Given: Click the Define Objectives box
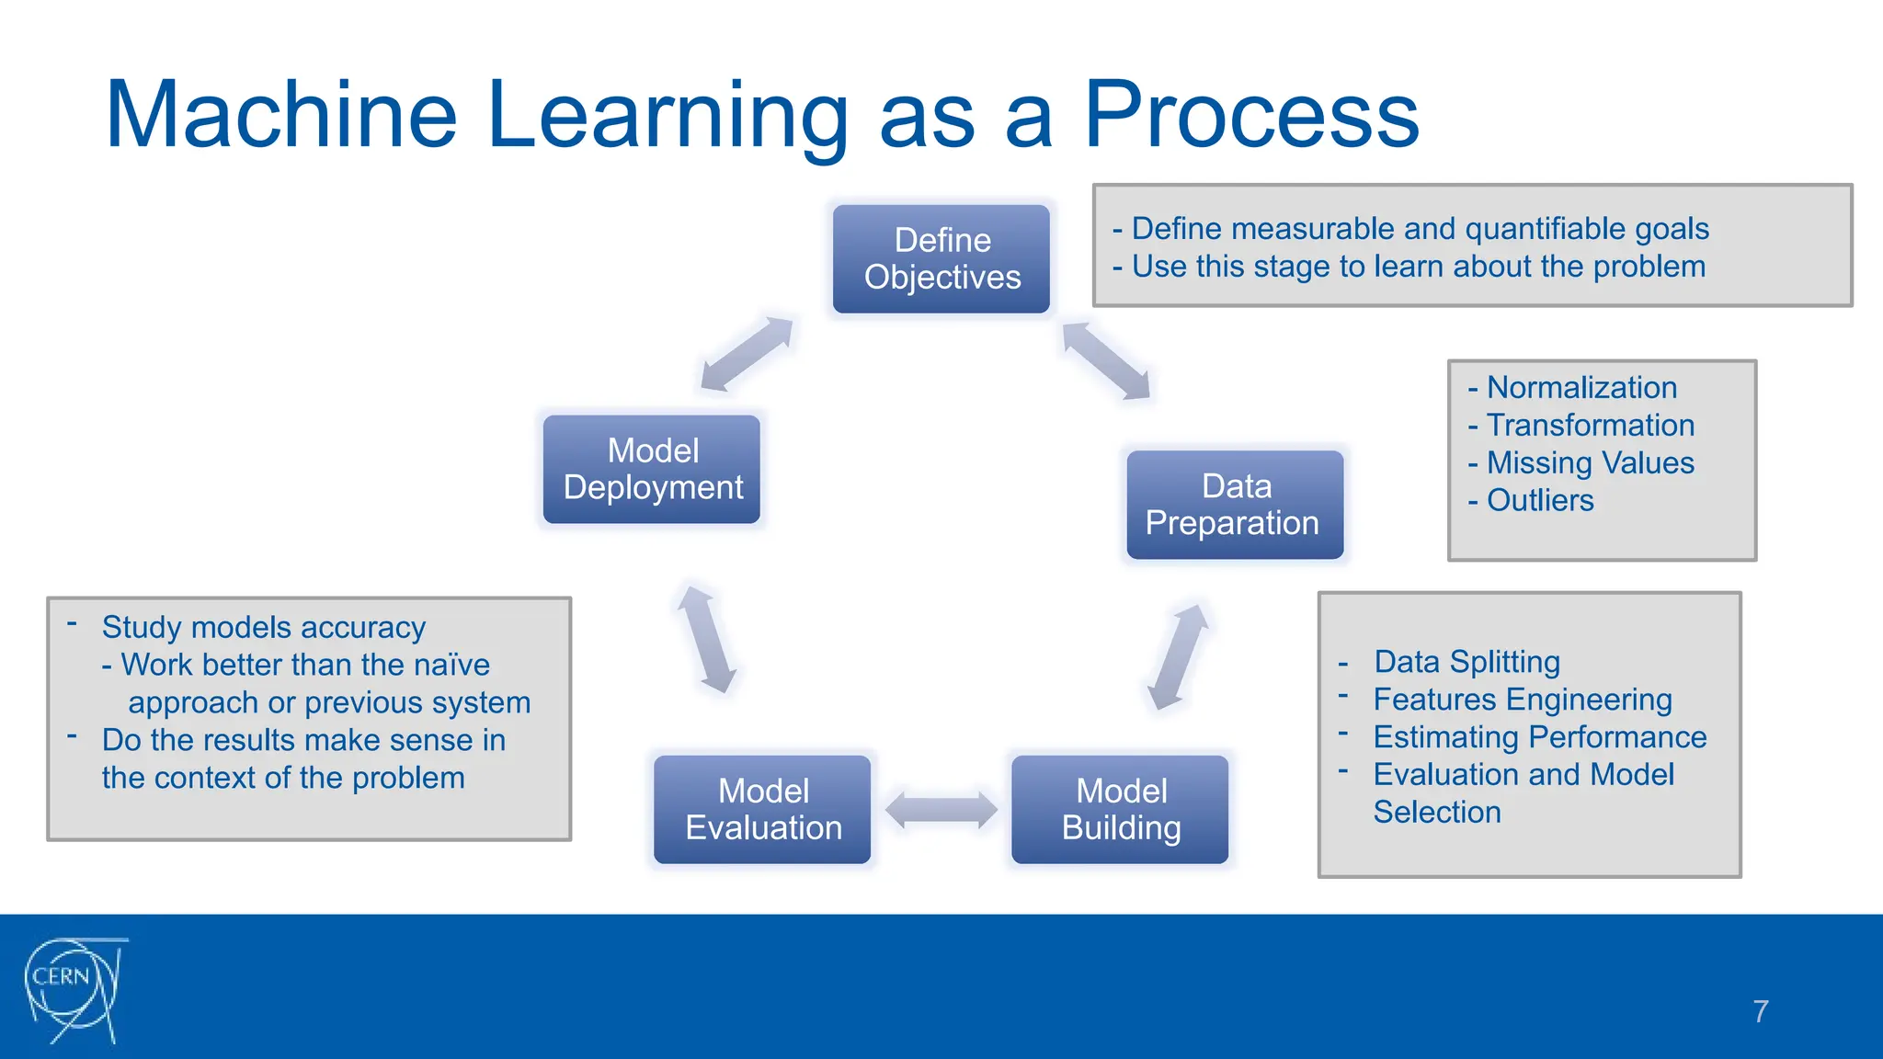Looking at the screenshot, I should (941, 259).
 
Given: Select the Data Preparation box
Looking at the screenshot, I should (1235, 505).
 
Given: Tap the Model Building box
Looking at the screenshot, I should (1120, 810).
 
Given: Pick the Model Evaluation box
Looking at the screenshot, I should (762, 810).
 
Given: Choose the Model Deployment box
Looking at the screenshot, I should (652, 470).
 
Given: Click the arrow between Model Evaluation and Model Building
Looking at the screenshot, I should (941, 810).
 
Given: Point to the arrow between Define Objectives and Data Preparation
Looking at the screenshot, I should (1106, 361).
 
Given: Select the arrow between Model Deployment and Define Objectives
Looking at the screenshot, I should (747, 354).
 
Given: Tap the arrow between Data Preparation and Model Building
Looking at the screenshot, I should (1178, 657).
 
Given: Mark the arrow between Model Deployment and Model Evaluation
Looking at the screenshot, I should (707, 640).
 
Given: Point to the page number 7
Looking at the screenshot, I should (1760, 1011).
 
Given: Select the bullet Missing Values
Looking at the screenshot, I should (1590, 462).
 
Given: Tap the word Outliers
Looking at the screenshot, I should (1540, 500).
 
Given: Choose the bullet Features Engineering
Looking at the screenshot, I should (1522, 700).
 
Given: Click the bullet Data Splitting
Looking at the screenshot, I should (1466, 662).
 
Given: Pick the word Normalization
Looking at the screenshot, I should (1581, 387).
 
